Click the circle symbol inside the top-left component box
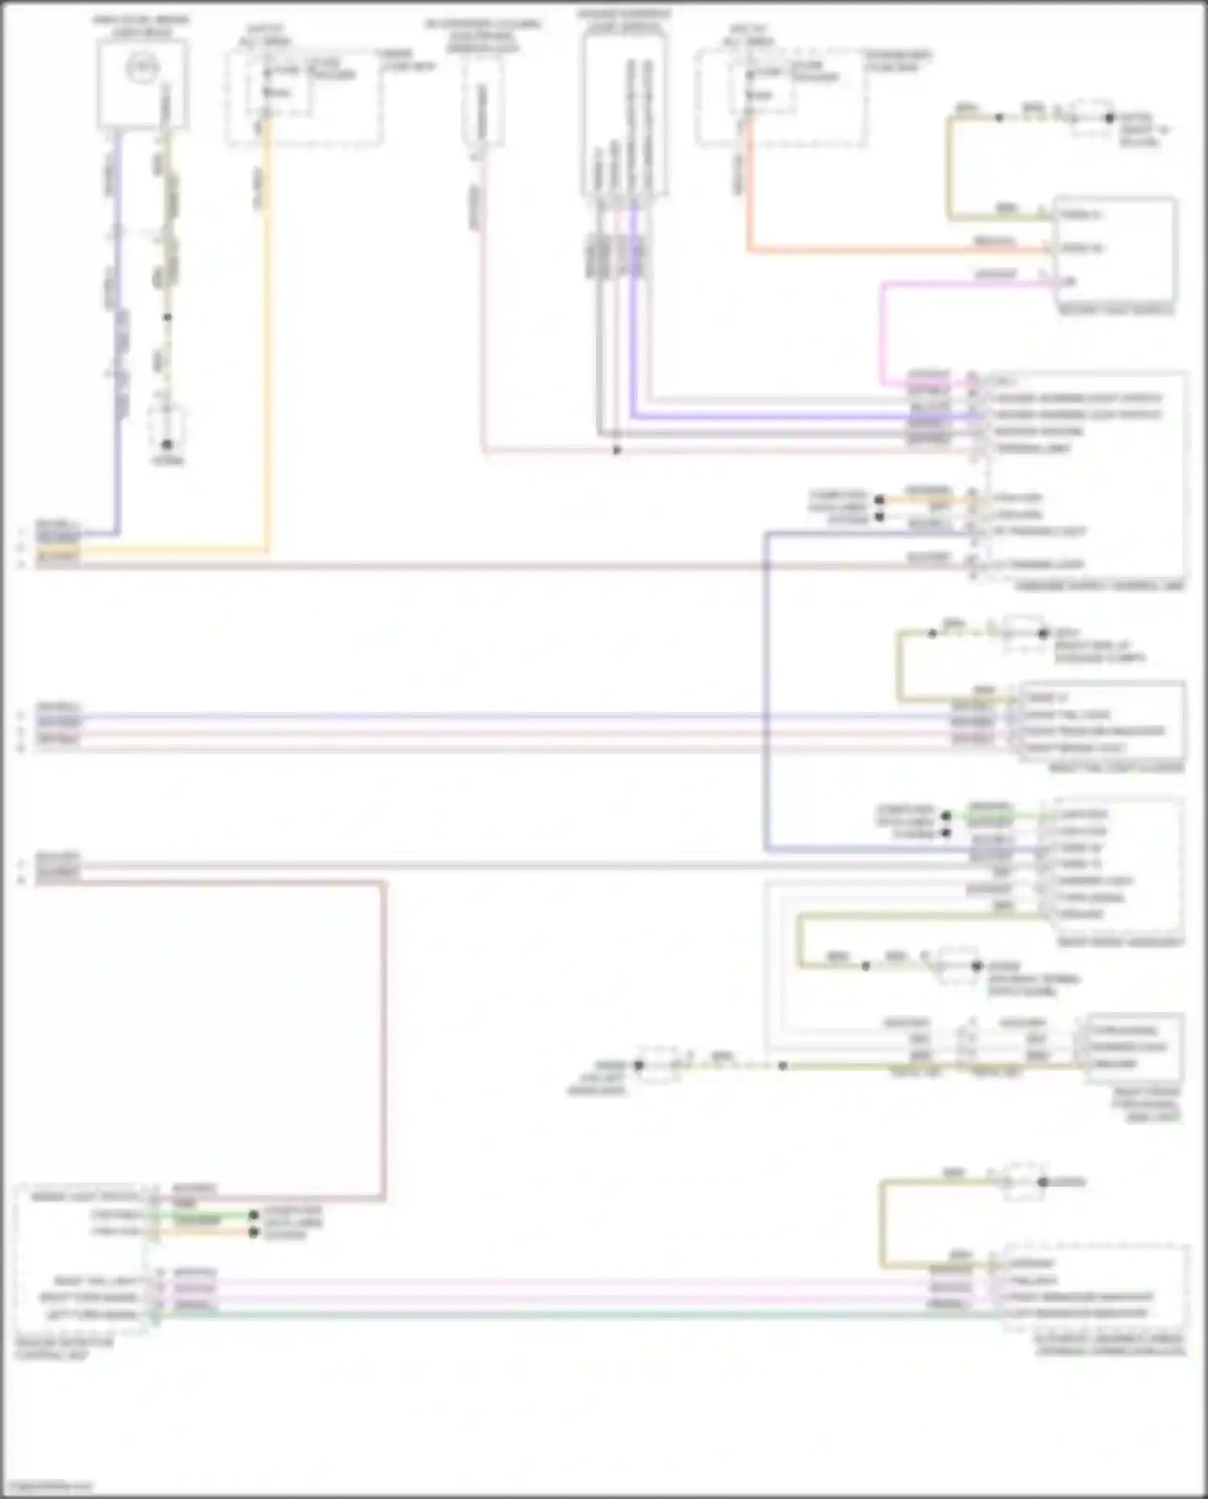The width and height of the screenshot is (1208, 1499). pyautogui.click(x=143, y=68)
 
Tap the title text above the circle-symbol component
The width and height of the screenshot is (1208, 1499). pyautogui.click(x=141, y=25)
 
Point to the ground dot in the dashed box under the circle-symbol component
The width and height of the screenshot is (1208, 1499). pyautogui.click(x=168, y=444)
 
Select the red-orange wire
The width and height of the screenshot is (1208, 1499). pyautogui.click(x=886, y=250)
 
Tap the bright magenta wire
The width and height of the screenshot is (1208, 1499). pyautogui.click(x=883, y=330)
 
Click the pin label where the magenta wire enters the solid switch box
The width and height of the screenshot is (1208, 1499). pyautogui.click(x=1069, y=282)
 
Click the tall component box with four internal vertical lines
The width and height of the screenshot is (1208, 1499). pyautogui.click(x=625, y=113)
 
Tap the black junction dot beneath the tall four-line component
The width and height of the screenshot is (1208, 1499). pyautogui.click(x=617, y=449)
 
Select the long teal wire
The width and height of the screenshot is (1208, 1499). pyautogui.click(x=564, y=1315)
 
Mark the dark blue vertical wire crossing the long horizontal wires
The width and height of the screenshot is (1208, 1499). pyautogui.click(x=766, y=685)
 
